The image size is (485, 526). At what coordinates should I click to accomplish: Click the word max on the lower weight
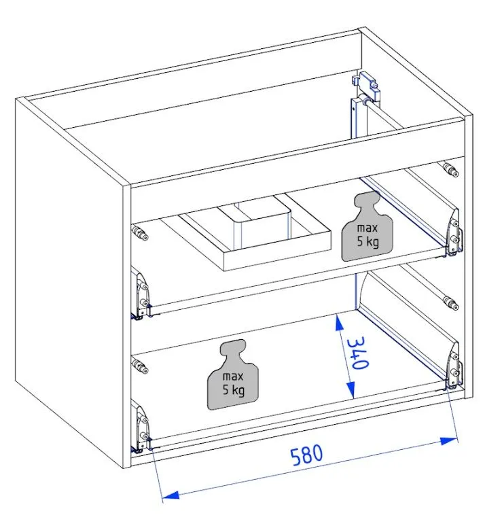coord(233,376)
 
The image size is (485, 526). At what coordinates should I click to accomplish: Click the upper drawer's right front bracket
coord(453,233)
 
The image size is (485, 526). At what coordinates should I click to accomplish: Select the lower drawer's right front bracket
coord(452,366)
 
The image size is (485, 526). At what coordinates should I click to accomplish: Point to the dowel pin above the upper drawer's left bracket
coord(141,236)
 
